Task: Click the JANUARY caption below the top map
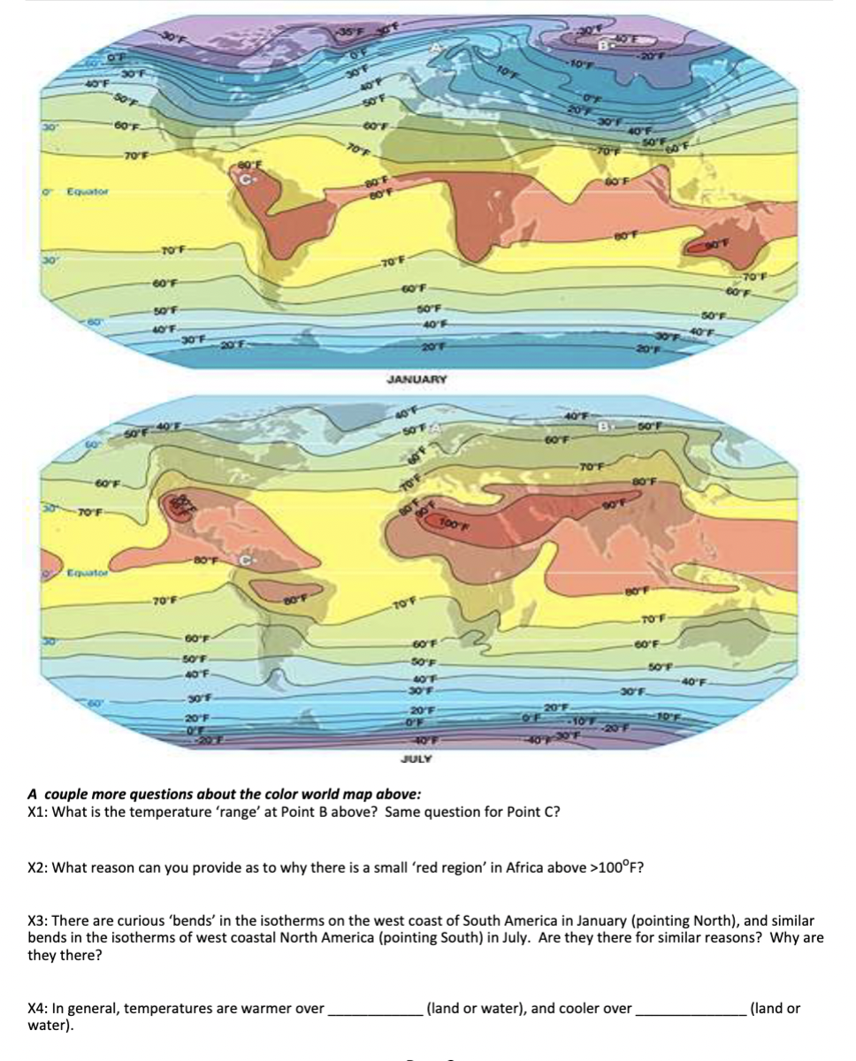417,378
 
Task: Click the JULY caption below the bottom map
417,759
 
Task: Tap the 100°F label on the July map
454,525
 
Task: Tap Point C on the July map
248,560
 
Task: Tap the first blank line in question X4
375,1008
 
